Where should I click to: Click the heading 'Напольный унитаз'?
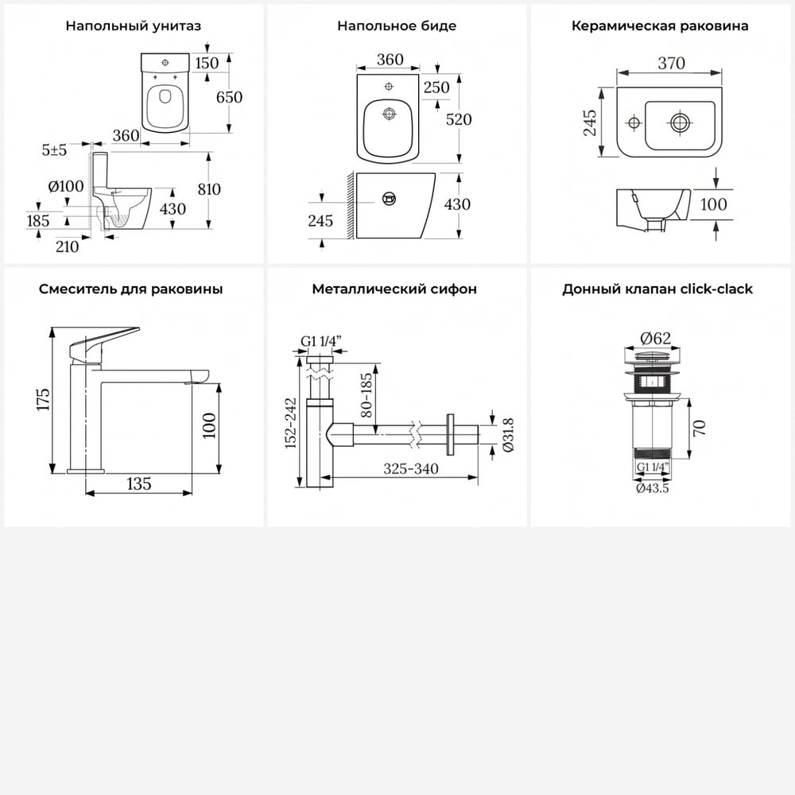tap(134, 26)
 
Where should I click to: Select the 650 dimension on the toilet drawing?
tap(229, 97)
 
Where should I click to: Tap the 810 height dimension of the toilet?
tap(209, 189)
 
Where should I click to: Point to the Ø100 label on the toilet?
tap(66, 186)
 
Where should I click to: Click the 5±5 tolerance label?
tap(54, 150)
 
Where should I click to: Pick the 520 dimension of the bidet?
tap(459, 119)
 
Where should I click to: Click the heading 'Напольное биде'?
tap(397, 26)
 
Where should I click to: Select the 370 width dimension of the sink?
tap(671, 64)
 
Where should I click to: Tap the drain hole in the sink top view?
tap(680, 122)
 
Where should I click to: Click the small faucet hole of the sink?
tap(634, 122)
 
